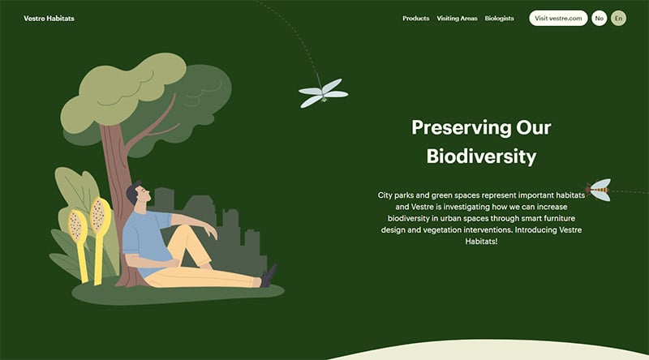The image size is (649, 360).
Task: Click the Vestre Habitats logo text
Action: [x=49, y=18]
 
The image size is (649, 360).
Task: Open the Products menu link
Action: [x=415, y=18]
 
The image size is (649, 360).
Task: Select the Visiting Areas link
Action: [x=457, y=18]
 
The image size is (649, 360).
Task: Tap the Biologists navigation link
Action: [x=499, y=18]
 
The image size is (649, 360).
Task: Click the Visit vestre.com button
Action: [x=558, y=18]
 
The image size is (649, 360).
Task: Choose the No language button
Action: [x=599, y=18]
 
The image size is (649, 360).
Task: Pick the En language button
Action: [x=619, y=18]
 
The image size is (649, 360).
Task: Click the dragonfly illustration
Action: [x=324, y=93]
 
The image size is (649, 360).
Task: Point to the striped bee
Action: [x=599, y=191]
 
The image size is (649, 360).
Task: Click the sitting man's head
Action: [x=137, y=195]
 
